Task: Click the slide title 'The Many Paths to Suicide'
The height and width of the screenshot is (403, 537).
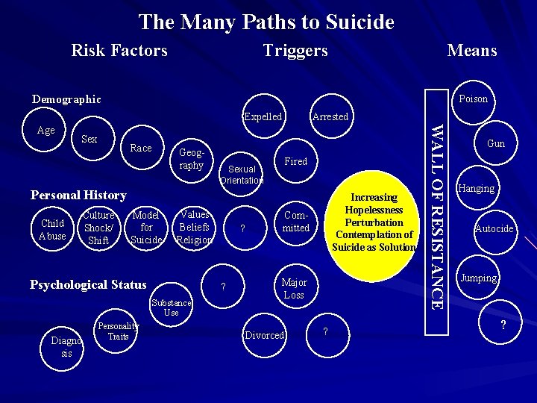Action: tap(266, 22)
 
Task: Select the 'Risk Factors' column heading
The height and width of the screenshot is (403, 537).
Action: tap(119, 51)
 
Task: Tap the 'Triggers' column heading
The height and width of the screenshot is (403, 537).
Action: tap(295, 51)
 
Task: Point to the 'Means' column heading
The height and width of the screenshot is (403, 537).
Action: tap(471, 51)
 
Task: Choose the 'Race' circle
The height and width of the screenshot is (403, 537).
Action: tap(140, 148)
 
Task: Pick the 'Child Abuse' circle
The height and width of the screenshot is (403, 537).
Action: tap(52, 230)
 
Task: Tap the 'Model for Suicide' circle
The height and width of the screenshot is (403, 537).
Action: tap(146, 228)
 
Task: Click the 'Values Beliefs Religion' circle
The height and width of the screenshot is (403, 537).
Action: tap(195, 228)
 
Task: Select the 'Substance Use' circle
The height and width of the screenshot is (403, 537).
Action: tap(171, 307)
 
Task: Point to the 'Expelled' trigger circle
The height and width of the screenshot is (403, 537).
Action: tap(263, 117)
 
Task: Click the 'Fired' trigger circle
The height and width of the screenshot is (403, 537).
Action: tap(296, 162)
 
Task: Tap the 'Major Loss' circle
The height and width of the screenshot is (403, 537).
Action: tap(294, 289)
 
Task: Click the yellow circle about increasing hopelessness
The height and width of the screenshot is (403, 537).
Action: tap(374, 222)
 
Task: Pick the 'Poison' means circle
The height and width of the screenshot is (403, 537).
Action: tap(473, 99)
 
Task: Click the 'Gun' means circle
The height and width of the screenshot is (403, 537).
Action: tap(495, 144)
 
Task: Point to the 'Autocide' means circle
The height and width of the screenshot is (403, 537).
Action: tap(494, 229)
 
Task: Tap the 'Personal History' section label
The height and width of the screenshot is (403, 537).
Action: tap(78, 196)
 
